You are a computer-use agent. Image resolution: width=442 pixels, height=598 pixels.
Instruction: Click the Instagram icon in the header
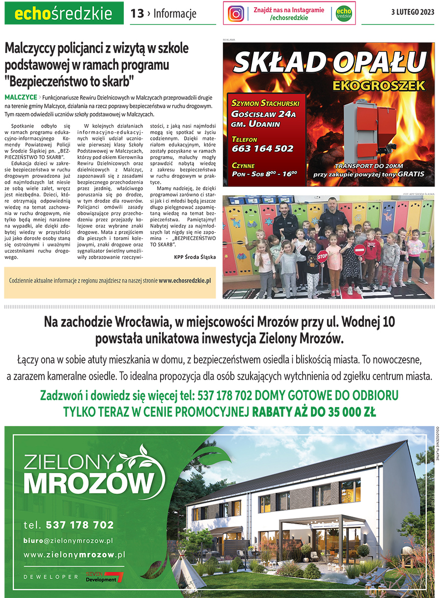point(236,13)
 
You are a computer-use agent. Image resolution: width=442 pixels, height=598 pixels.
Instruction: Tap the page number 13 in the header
point(137,14)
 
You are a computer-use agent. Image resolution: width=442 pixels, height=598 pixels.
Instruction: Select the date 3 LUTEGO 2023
point(413,13)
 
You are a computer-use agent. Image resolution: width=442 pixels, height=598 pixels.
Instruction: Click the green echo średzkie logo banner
point(64,14)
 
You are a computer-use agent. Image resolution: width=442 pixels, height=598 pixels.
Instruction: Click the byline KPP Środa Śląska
point(194,256)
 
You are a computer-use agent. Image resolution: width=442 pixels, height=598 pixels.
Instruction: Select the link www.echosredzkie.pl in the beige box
point(185,280)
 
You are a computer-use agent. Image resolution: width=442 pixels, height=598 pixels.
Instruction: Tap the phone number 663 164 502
point(262,148)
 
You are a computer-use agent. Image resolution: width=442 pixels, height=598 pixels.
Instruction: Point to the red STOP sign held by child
point(322,256)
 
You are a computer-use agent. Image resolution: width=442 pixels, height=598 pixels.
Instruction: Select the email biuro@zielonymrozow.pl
point(68,540)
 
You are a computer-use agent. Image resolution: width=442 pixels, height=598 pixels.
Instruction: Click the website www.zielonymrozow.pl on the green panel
point(74,554)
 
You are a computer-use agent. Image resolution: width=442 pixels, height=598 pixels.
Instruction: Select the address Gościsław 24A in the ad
point(263,114)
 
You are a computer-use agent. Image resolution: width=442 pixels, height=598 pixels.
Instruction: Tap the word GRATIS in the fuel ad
point(411,174)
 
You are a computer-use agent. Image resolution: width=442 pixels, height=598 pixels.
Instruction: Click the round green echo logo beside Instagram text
point(343,14)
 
